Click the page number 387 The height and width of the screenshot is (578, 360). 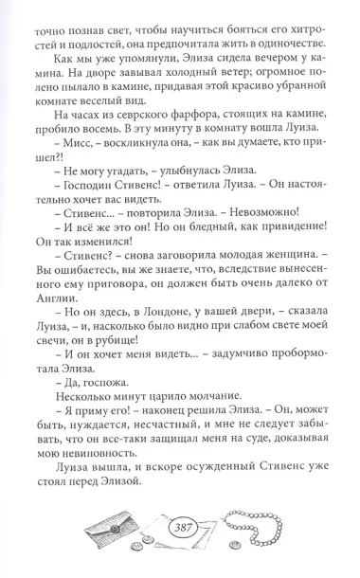pyautogui.click(x=179, y=527)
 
